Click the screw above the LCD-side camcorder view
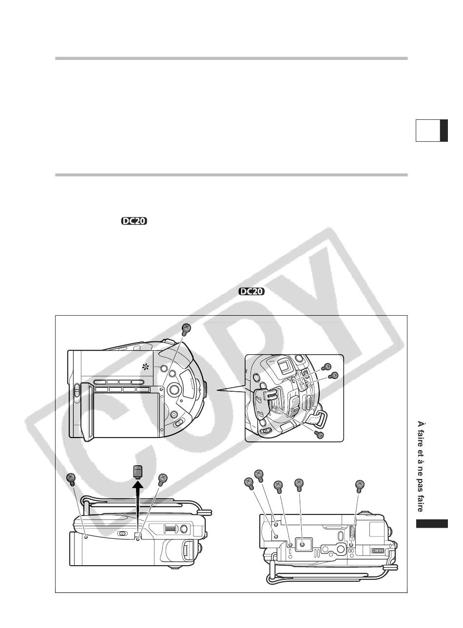point(186,329)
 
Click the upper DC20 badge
point(135,221)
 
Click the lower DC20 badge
point(251,291)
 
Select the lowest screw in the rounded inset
point(319,435)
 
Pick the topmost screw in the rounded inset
point(327,367)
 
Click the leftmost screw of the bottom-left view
point(71,480)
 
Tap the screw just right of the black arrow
point(162,480)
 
